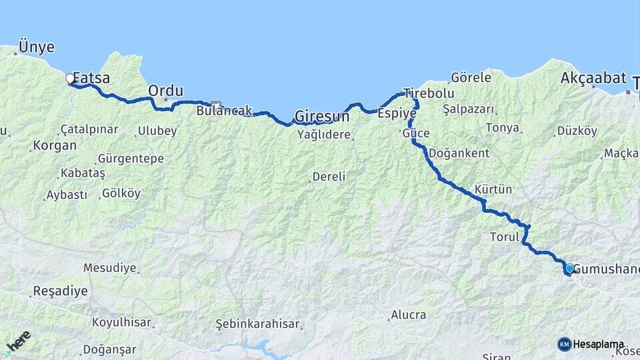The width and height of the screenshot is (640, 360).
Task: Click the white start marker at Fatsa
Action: pos(70,79)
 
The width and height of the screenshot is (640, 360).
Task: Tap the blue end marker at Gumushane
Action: pos(569,269)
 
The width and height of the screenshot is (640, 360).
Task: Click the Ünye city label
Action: pos(37,47)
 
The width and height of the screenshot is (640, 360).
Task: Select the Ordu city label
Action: pos(165,90)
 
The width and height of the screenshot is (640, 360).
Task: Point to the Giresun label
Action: pos(322,116)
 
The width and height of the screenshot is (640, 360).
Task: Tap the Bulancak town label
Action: pos(224,111)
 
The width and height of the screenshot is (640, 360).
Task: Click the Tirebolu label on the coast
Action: pos(429,93)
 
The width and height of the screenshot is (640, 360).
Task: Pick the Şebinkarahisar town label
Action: pos(257,324)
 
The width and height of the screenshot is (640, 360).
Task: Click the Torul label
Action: pos(504,237)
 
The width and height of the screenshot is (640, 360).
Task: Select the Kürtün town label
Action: pos(493,189)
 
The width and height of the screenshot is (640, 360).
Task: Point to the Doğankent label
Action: pos(459,153)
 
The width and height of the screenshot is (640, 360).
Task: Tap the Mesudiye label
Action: pos(109,268)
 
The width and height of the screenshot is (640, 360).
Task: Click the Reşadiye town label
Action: pos(59,291)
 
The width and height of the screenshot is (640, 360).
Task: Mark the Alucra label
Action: pos(408,315)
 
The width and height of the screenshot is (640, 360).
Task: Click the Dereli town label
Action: pos(329,177)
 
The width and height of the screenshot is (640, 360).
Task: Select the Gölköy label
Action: pos(121,193)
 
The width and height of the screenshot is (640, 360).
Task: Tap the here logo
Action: pos(18,341)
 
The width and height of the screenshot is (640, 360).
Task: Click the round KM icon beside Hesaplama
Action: pos(565,344)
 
